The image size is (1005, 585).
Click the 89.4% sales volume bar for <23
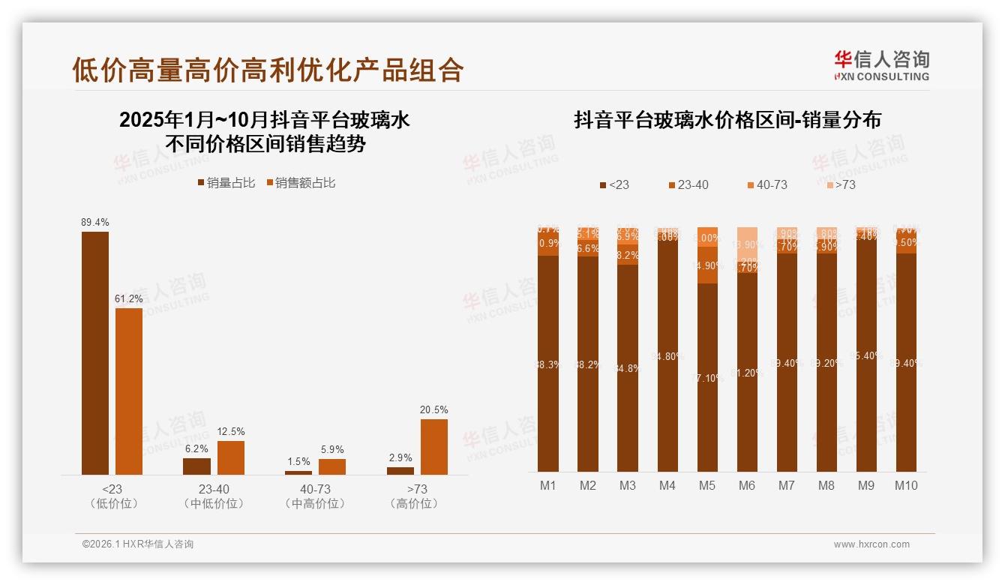[x=95, y=352]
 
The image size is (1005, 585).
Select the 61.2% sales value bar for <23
[x=129, y=391]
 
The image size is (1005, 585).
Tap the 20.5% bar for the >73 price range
[x=433, y=446]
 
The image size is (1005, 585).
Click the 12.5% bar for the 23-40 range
[x=231, y=457]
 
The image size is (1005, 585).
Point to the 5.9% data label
[x=331, y=450]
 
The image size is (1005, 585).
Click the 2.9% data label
[x=400, y=458]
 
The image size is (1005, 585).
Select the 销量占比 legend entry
[x=226, y=183]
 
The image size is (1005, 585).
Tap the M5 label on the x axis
[x=706, y=486]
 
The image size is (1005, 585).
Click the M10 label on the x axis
[x=905, y=486]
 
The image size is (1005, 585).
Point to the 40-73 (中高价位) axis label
[x=318, y=496]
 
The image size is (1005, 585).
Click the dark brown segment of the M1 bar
[x=548, y=364]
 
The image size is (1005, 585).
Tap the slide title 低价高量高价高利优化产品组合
[x=268, y=70]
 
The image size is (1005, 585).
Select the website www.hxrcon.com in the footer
[x=871, y=544]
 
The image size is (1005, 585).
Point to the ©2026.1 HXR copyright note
[x=138, y=544]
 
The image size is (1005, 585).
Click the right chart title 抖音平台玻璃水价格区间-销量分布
[x=727, y=120]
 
